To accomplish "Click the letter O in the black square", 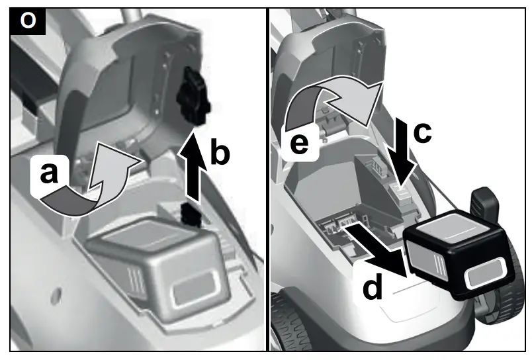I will click(27, 21).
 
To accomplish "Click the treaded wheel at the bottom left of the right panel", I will click(291, 324).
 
